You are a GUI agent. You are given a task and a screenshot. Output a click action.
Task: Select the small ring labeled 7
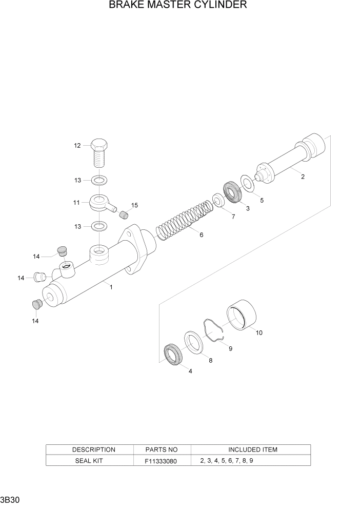point(217,201)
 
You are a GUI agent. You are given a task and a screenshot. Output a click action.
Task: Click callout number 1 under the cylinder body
point(111,287)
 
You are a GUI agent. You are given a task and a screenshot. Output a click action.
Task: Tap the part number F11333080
point(162,461)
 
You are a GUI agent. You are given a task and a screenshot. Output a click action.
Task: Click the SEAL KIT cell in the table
point(90,461)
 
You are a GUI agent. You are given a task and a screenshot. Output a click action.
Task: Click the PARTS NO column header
point(162,449)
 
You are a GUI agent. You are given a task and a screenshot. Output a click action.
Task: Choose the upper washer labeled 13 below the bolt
point(99,180)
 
